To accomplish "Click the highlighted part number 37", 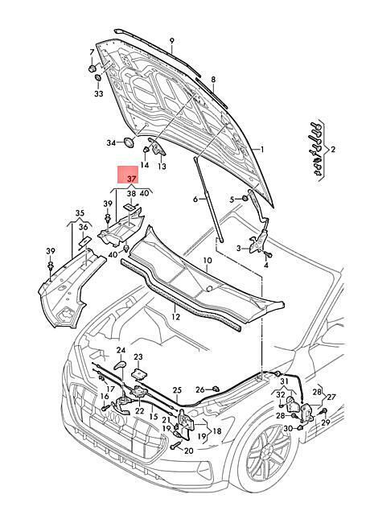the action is tap(132, 179).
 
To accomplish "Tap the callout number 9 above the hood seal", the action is tap(171, 41).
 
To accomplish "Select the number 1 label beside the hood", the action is tap(262, 150).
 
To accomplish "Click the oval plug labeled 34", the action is tap(129, 142).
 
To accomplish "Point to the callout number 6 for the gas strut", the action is tap(195, 200).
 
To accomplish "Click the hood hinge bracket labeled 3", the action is tap(259, 240).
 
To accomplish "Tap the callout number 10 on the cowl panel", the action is tap(207, 260).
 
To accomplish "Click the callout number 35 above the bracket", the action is tap(80, 213).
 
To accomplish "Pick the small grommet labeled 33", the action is tap(98, 78).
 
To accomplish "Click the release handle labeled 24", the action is tap(120, 365).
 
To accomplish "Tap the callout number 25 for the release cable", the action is tap(177, 390).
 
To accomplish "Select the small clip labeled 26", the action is tap(216, 389).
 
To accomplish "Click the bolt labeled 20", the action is tap(175, 445).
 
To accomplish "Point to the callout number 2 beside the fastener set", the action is tap(333, 149).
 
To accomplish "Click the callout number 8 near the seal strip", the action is tap(213, 80).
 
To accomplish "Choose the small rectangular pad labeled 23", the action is tap(139, 374).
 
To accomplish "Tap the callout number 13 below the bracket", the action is tap(162, 166).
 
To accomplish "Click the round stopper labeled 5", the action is tap(245, 199).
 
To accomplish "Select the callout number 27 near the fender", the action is tap(331, 397).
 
